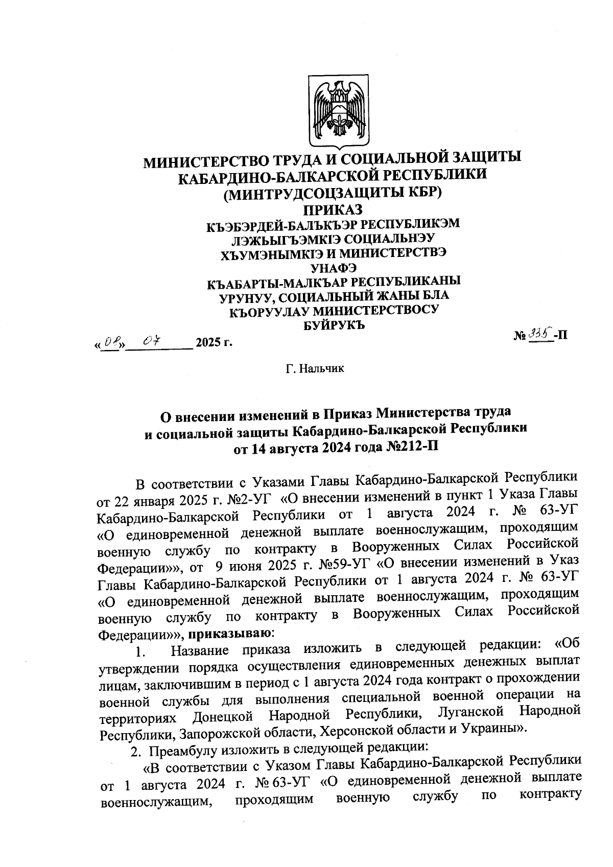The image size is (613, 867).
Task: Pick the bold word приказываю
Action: tap(230, 634)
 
